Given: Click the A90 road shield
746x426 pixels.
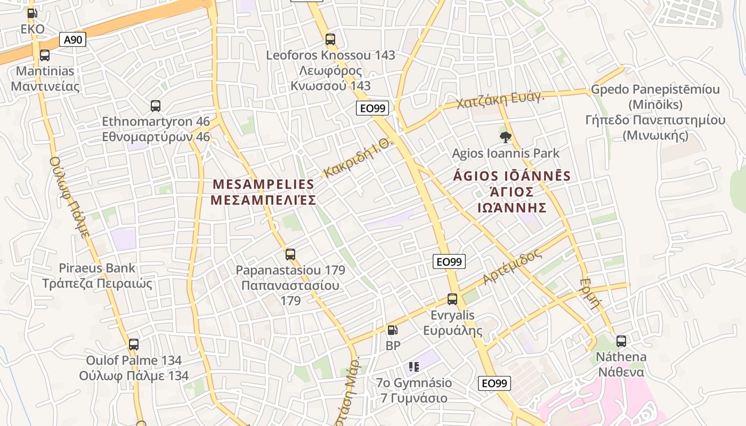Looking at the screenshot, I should pyautogui.click(x=74, y=39).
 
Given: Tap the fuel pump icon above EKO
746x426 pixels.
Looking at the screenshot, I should pyautogui.click(x=33, y=13).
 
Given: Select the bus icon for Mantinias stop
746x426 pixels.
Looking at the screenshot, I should pyautogui.click(x=45, y=55).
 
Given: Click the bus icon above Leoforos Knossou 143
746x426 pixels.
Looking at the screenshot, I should pyautogui.click(x=330, y=39).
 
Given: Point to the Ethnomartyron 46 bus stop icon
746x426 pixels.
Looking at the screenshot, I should pyautogui.click(x=156, y=106).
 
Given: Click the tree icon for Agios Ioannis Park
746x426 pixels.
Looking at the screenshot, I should pyautogui.click(x=505, y=138).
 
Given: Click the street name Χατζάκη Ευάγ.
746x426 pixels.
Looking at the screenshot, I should pyautogui.click(x=500, y=99).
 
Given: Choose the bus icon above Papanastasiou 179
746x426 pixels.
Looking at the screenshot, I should pyautogui.click(x=290, y=255).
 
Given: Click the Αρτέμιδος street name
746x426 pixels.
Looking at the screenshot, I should pyautogui.click(x=512, y=267).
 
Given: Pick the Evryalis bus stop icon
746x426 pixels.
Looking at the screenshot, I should pyautogui.click(x=452, y=299).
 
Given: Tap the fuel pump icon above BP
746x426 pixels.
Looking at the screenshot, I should pyautogui.click(x=392, y=330).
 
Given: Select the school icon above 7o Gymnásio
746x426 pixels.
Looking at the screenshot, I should pyautogui.click(x=414, y=366).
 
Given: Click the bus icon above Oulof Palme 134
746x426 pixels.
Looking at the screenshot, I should pyautogui.click(x=134, y=345).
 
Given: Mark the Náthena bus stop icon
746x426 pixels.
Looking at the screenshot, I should pyautogui.click(x=621, y=341).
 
